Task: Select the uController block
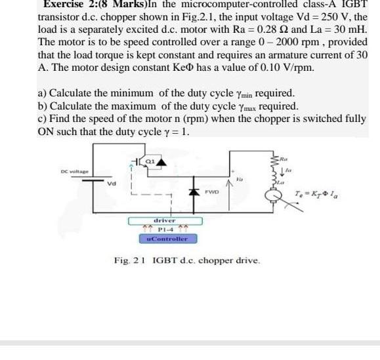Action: click(x=168, y=240)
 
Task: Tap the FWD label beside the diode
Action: click(x=211, y=192)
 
